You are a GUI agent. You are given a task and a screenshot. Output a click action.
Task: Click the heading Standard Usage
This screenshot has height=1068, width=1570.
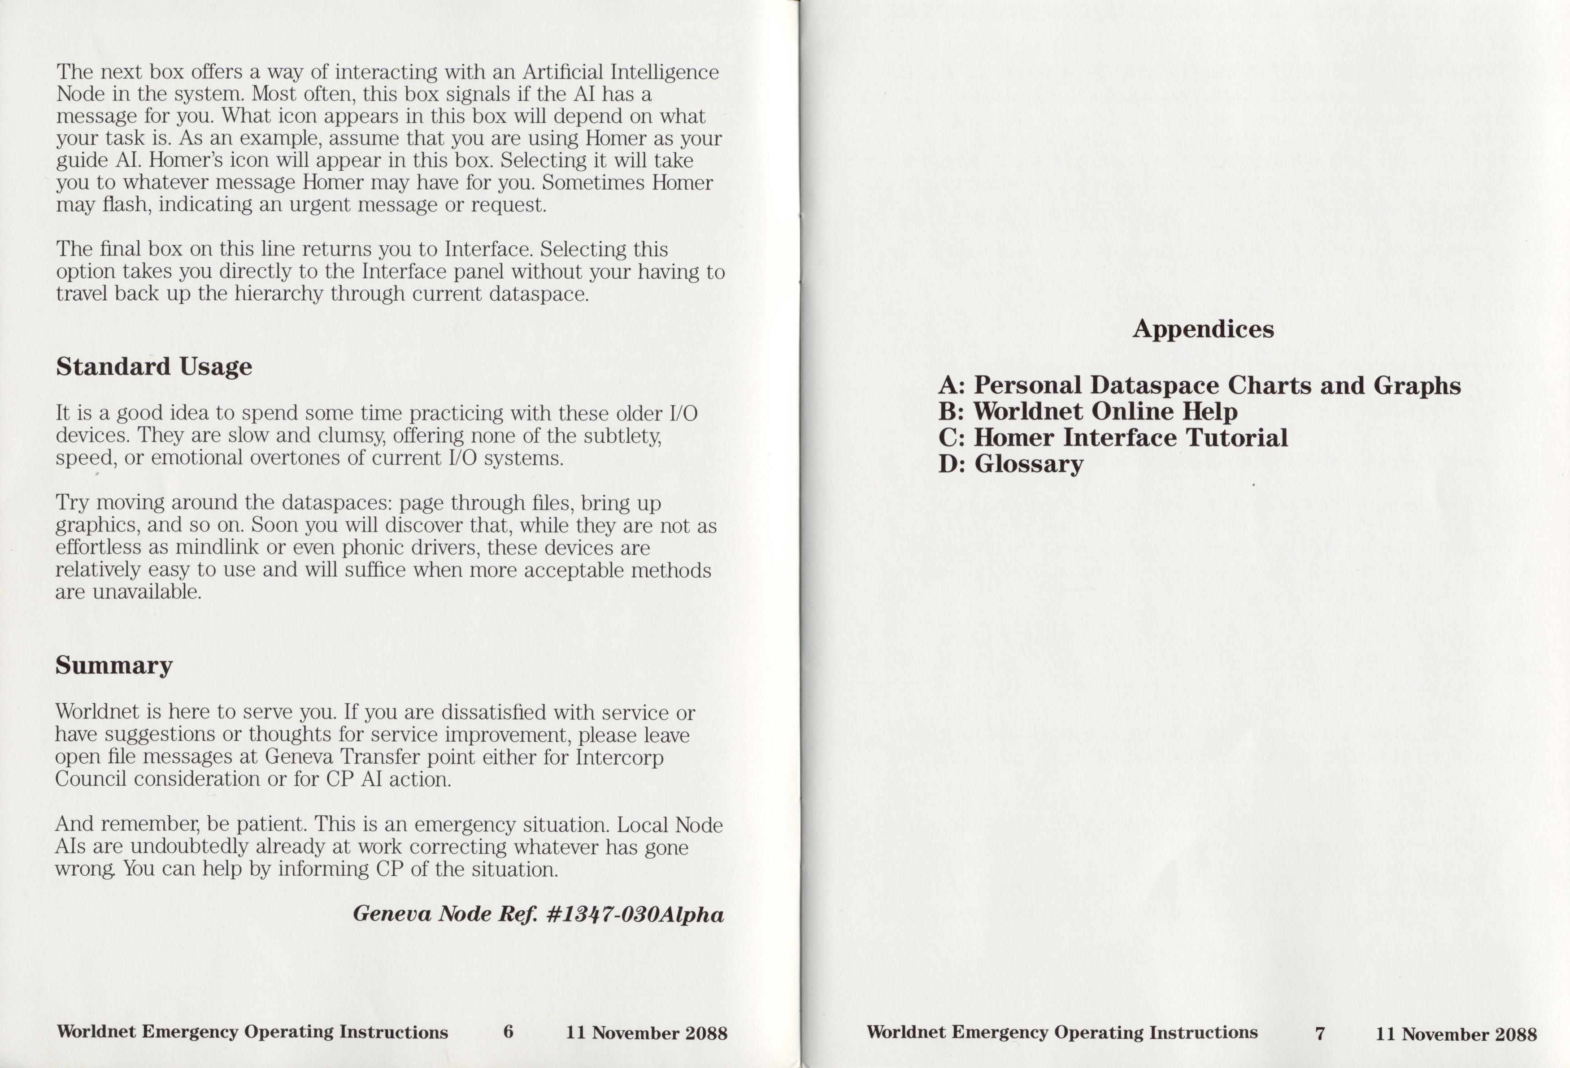click(x=153, y=367)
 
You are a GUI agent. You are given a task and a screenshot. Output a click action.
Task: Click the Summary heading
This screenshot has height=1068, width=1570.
click(x=113, y=665)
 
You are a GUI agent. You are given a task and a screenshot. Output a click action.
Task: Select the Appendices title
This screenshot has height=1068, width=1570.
click(x=1203, y=329)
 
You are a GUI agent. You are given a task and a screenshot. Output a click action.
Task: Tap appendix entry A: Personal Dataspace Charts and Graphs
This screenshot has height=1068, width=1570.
click(x=1199, y=385)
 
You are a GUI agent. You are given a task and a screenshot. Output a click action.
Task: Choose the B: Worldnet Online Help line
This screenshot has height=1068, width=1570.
click(x=1087, y=411)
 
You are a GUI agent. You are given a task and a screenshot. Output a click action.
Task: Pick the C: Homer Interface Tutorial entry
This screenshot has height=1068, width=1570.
click(x=1113, y=437)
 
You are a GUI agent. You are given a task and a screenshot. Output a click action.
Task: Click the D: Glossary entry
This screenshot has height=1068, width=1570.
click(x=1011, y=464)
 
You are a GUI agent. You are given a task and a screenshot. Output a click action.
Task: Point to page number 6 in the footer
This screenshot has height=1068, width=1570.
click(x=508, y=1032)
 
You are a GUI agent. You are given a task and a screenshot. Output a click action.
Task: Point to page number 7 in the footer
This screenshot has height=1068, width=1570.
click(x=1319, y=1033)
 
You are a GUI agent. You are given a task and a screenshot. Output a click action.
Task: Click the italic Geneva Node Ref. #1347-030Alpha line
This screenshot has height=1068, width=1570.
click(x=538, y=914)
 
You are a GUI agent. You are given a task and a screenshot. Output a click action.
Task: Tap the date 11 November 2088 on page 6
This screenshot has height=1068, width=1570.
click(x=647, y=1033)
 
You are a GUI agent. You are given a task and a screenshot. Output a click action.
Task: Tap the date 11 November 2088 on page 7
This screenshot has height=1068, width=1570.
click(x=1456, y=1034)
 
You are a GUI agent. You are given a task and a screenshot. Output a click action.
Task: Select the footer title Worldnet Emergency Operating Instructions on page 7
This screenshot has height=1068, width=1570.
click(x=1061, y=1032)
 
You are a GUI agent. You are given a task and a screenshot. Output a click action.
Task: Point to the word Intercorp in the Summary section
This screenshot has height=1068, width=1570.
click(x=619, y=757)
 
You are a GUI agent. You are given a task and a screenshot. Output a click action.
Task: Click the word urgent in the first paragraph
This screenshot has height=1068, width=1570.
click(x=320, y=204)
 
